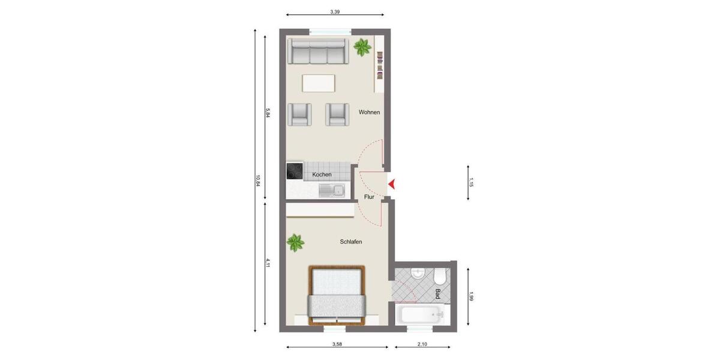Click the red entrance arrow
click(x=391, y=184)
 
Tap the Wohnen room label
click(x=369, y=112)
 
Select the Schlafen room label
click(x=351, y=242)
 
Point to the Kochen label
click(x=322, y=175)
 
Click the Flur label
click(x=369, y=196)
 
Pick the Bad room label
click(x=438, y=294)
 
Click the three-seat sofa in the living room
click(x=317, y=52)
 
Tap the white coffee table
click(x=319, y=83)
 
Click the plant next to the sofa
click(x=362, y=47)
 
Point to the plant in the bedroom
click(x=295, y=243)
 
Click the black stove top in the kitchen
click(x=295, y=172)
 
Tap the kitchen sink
click(x=331, y=191)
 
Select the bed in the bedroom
click(x=337, y=295)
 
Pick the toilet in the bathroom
click(x=440, y=277)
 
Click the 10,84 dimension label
click(x=258, y=180)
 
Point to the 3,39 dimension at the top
click(x=335, y=11)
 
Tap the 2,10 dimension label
click(x=422, y=344)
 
